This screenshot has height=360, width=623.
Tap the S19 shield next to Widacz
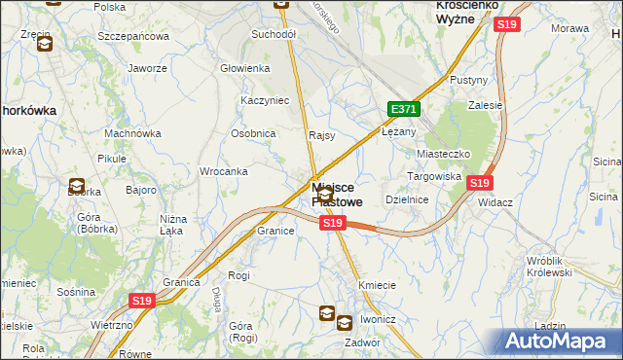click(x=479, y=183)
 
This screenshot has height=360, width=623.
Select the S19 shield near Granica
click(x=142, y=303)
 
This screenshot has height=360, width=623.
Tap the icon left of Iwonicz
click(x=328, y=314)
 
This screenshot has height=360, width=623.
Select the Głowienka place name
click(x=244, y=68)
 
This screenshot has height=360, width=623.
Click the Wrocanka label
click(x=223, y=171)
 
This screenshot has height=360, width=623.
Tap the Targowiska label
click(x=433, y=176)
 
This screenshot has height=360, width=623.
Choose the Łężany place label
click(x=400, y=131)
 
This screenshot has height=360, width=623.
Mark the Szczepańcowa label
click(x=133, y=36)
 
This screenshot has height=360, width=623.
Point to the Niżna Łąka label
click(x=173, y=225)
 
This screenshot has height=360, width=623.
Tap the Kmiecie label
click(x=377, y=285)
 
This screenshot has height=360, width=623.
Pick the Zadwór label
click(x=361, y=342)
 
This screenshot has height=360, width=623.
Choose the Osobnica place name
click(x=253, y=133)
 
